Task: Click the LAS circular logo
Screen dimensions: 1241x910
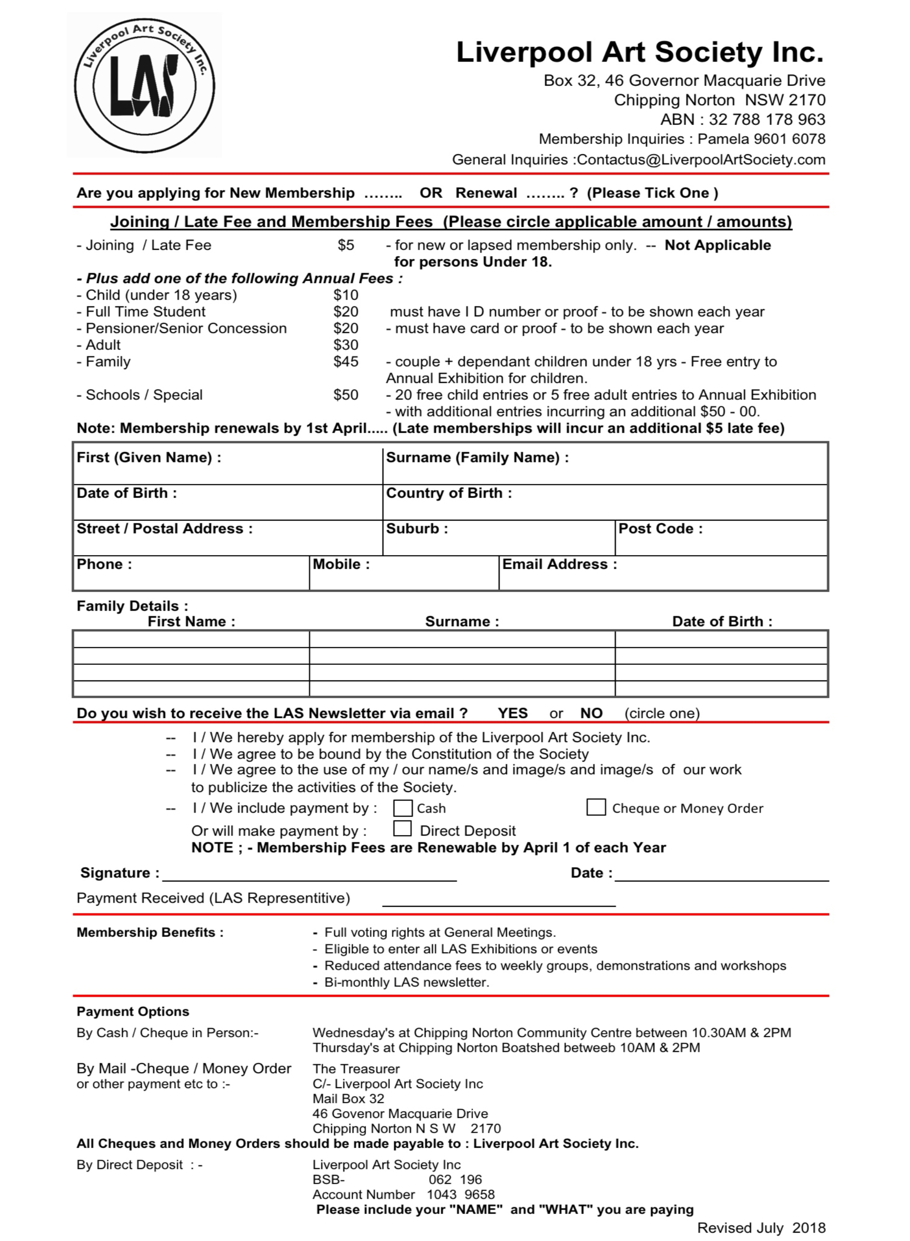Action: pyautogui.click(x=144, y=85)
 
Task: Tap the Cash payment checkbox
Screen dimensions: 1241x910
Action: pyautogui.click(x=403, y=808)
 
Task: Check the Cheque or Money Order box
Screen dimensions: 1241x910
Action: pyautogui.click(x=595, y=807)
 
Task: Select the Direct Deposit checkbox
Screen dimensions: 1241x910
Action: pyautogui.click(x=403, y=829)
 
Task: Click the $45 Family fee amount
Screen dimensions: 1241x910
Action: pyautogui.click(x=345, y=362)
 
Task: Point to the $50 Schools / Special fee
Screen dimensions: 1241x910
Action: pyautogui.click(x=345, y=395)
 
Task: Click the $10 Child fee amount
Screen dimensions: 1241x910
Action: pyautogui.click(x=345, y=295)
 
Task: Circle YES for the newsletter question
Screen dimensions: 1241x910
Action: pyautogui.click(x=512, y=713)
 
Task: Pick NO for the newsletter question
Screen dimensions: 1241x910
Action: pyautogui.click(x=591, y=713)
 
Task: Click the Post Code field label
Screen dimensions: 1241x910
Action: pyautogui.click(x=660, y=528)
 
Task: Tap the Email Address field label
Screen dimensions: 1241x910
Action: pyautogui.click(x=559, y=564)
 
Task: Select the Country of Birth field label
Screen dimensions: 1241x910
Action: pyautogui.click(x=448, y=493)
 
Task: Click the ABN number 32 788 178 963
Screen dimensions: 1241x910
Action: pyautogui.click(x=767, y=119)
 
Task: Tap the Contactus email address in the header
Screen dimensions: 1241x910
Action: pyautogui.click(x=701, y=160)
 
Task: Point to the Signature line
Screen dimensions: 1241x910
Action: pyautogui.click(x=309, y=875)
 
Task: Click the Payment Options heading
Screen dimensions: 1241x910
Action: pyautogui.click(x=133, y=1011)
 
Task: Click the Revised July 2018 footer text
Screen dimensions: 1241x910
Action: pyautogui.click(x=761, y=1228)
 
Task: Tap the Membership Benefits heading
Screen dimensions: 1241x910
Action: pyautogui.click(x=150, y=932)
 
